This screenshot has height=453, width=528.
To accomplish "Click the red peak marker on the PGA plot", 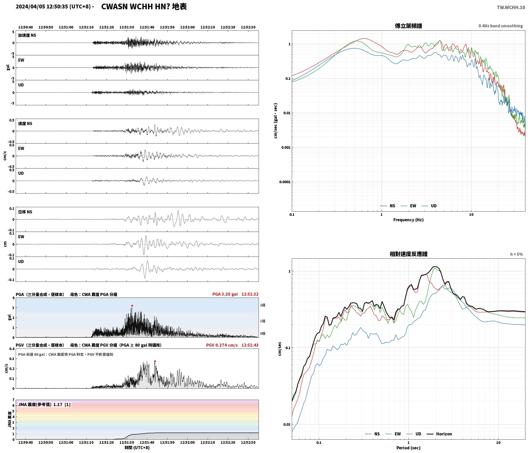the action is click(x=132, y=306).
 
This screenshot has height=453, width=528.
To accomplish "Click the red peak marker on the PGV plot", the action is click(x=155, y=361).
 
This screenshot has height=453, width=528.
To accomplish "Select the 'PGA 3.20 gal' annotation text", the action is click(x=225, y=294).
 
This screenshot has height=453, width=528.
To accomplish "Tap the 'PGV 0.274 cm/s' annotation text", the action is click(x=222, y=345).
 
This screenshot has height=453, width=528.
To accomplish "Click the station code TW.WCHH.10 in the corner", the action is click(x=511, y=7).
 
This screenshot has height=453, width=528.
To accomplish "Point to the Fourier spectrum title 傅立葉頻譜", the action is click(x=408, y=26).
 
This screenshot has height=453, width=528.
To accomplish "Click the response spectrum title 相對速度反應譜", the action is click(x=408, y=254).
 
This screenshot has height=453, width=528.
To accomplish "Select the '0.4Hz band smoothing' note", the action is click(x=500, y=26).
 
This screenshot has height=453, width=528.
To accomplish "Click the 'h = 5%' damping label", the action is click(x=516, y=254).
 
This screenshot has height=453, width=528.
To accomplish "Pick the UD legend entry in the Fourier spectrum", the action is click(x=429, y=206).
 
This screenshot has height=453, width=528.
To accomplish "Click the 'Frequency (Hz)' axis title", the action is click(x=408, y=220).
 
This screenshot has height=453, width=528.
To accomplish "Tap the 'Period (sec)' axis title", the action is click(x=408, y=448).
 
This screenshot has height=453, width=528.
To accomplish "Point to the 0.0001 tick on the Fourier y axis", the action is click(x=285, y=182).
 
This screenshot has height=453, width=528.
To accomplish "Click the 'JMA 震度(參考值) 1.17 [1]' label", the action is click(x=44, y=405).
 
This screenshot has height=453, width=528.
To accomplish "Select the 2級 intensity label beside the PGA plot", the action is click(x=263, y=305).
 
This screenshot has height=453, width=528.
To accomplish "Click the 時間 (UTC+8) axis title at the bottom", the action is click(x=137, y=448).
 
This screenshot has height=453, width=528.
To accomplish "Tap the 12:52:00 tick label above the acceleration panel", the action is click(x=187, y=27).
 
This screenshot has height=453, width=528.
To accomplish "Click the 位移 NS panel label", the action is click(x=25, y=212).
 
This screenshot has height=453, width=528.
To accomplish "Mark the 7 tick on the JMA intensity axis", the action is click(x=13, y=400).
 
